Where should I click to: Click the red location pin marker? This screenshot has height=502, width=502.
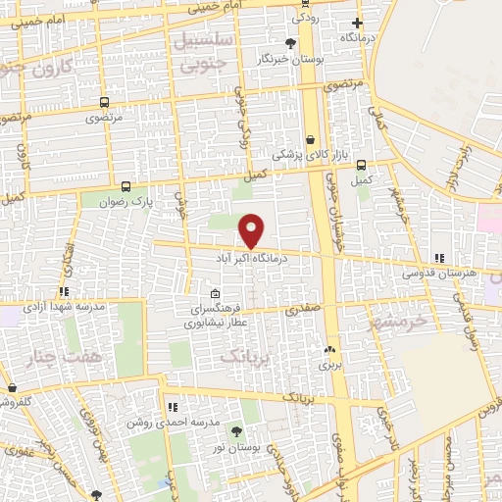point(252,229)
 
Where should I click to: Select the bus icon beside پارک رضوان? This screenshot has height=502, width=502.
point(125,186)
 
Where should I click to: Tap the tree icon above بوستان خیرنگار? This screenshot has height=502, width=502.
point(290,43)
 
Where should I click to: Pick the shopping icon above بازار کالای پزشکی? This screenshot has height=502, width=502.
point(310,140)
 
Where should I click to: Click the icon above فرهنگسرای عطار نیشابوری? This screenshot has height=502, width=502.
point(215,292)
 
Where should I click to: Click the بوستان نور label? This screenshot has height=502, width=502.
point(235,446)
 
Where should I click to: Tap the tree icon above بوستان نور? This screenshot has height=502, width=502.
point(235,430)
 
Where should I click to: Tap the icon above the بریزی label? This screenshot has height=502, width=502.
point(329,349)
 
